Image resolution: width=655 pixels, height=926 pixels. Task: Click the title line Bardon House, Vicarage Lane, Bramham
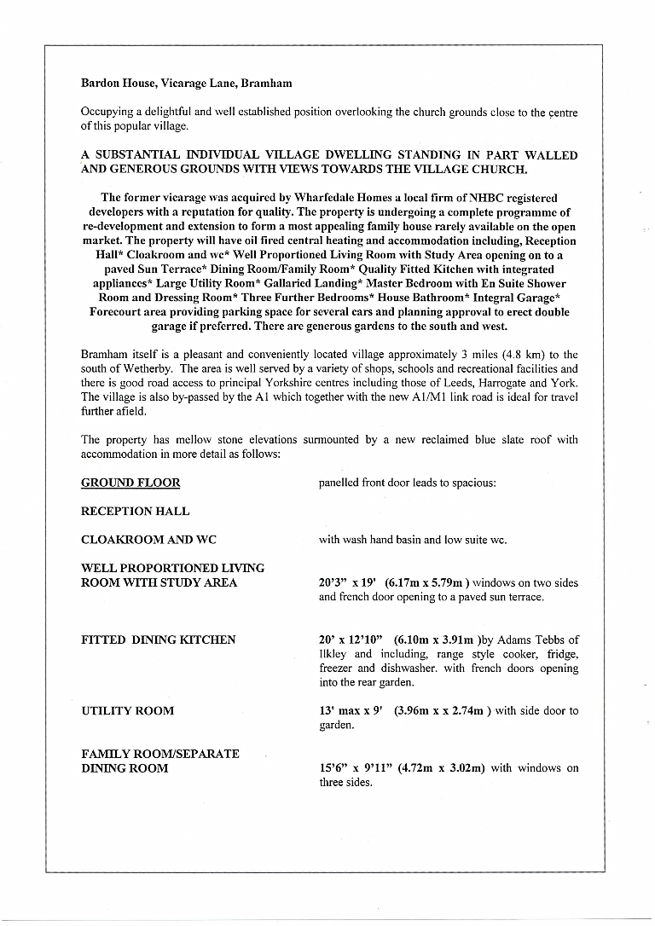(186, 84)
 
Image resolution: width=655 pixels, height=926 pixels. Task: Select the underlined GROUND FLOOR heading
(130, 483)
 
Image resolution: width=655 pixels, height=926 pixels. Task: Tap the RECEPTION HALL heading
(135, 512)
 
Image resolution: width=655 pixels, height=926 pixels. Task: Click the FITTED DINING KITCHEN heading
(158, 640)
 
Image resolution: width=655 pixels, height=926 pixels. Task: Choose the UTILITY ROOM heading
(127, 710)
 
